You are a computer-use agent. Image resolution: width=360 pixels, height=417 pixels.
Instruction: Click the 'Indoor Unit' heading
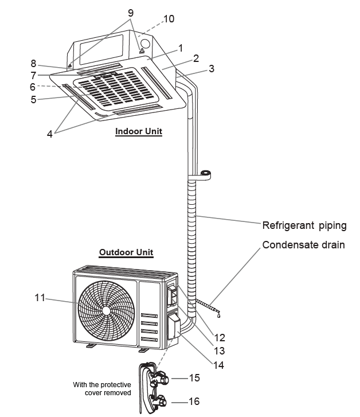[x=139, y=131]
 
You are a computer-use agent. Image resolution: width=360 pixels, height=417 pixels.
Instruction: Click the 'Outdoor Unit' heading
[x=126, y=252]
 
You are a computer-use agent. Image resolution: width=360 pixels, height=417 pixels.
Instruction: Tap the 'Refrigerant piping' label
[x=304, y=225]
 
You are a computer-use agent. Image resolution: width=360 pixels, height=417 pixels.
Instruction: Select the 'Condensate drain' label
[x=303, y=245]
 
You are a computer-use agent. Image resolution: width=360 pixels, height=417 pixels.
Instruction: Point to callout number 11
[x=39, y=297]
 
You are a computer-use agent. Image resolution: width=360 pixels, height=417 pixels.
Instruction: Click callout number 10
[x=169, y=19]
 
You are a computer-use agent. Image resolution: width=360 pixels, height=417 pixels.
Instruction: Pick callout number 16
[x=194, y=402]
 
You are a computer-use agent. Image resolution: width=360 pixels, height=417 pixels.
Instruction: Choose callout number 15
[x=194, y=379]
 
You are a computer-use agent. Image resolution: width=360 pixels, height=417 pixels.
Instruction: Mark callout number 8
[x=33, y=64]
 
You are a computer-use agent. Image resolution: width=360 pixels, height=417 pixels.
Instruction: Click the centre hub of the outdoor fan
[x=106, y=310]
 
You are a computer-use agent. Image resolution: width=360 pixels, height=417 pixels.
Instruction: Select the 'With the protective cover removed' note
[x=102, y=388]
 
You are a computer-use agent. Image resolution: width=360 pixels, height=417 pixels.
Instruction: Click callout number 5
[x=33, y=99]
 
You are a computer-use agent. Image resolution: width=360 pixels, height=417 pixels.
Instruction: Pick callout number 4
[x=50, y=134]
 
